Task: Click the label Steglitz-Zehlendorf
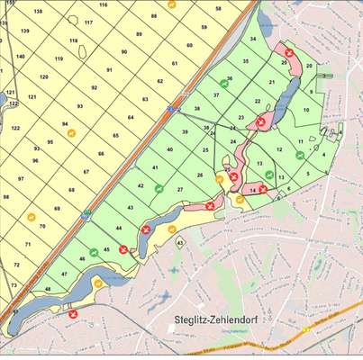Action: pyautogui.click(x=215, y=319)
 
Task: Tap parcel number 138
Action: pyautogui.click(x=37, y=11)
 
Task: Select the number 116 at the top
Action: pyautogui.click(x=104, y=4)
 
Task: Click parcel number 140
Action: pyautogui.click(x=21, y=56)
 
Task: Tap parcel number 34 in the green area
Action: pyautogui.click(x=253, y=40)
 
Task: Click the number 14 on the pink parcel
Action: pyautogui.click(x=253, y=190)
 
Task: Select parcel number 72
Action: pyautogui.click(x=17, y=265)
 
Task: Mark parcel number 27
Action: pyautogui.click(x=180, y=189)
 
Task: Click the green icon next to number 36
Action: pyautogui.click(x=230, y=79)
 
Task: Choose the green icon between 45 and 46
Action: pyautogui.click(x=93, y=253)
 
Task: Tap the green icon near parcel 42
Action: pyautogui.click(x=158, y=189)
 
